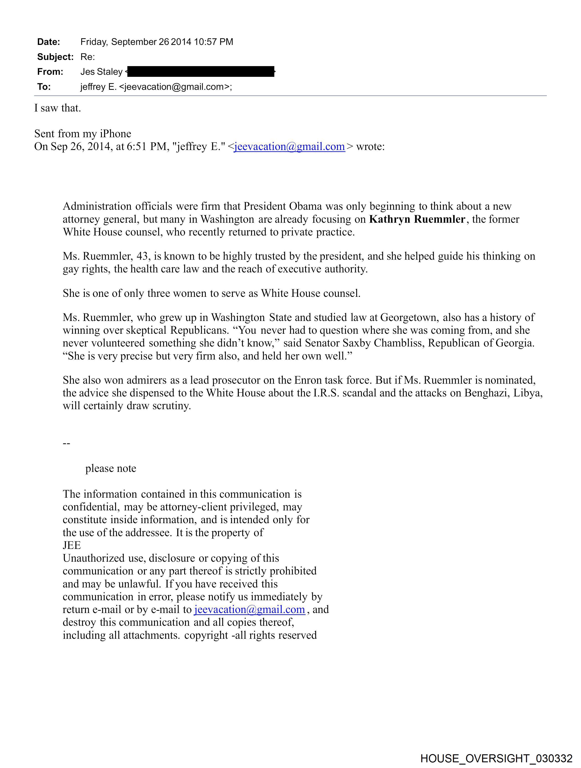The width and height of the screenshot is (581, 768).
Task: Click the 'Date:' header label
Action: click(x=49, y=42)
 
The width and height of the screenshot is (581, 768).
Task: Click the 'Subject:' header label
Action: click(x=55, y=57)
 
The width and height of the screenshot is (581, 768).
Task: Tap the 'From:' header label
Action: click(x=50, y=72)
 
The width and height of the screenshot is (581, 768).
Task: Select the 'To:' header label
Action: click(x=44, y=87)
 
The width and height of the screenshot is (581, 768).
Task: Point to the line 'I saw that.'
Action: click(x=58, y=108)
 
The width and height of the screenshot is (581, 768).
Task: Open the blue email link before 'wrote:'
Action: click(x=289, y=147)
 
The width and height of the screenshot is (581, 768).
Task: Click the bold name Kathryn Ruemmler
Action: click(x=417, y=220)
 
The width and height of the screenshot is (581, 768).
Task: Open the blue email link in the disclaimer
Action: click(x=249, y=609)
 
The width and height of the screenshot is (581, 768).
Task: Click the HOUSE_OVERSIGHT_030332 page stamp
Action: click(x=496, y=758)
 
